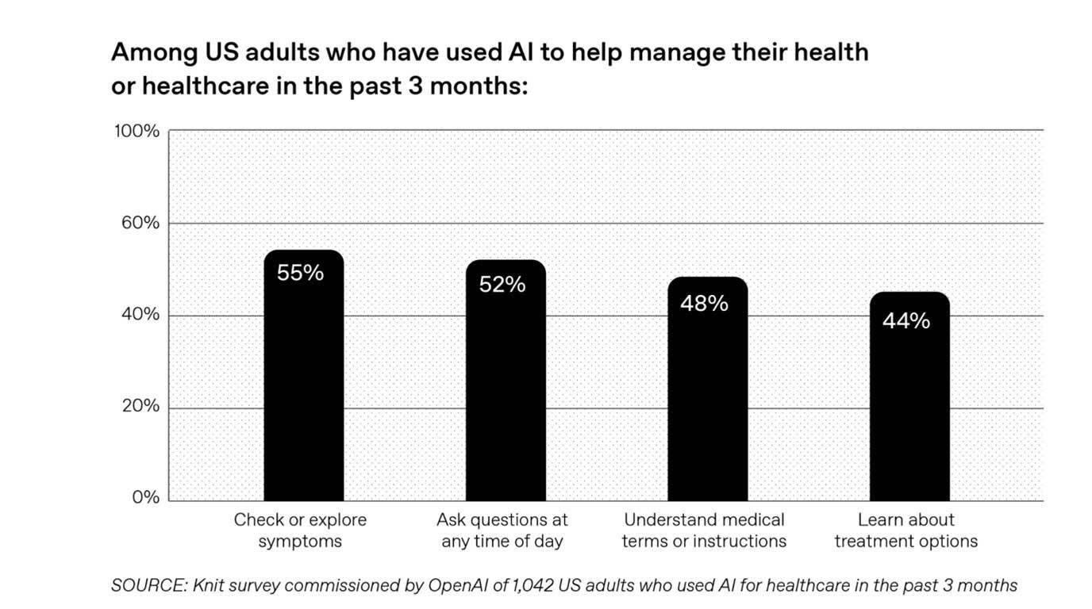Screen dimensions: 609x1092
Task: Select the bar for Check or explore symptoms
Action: point(303,381)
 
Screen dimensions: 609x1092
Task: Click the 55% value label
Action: point(300,273)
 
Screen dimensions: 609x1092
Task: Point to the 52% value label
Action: point(502,285)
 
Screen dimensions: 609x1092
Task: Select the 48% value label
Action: point(704,303)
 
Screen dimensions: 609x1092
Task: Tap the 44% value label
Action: point(906,321)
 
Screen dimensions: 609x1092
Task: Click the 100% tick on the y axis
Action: point(136,131)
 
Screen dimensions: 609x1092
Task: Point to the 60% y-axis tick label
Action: point(140,223)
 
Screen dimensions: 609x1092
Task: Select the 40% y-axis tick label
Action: point(140,315)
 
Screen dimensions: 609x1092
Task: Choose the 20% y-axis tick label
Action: point(140,407)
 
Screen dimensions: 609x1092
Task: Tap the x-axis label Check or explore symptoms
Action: point(300,530)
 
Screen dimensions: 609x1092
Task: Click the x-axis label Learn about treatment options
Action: point(906,530)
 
